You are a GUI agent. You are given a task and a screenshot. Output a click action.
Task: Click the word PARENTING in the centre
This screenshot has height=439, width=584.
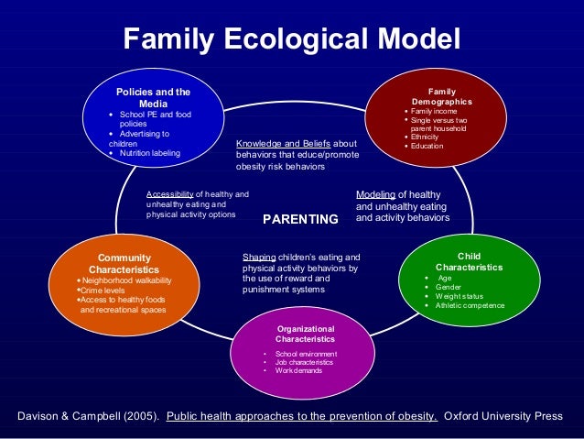pyautogui.click(x=300, y=220)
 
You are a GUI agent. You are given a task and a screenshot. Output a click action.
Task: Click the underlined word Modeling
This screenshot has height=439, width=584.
pyautogui.click(x=375, y=194)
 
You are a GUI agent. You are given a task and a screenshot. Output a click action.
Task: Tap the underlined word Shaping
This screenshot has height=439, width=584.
pyautogui.click(x=258, y=258)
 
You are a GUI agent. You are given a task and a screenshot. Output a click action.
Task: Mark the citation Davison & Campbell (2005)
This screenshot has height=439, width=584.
pyautogui.click(x=88, y=416)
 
